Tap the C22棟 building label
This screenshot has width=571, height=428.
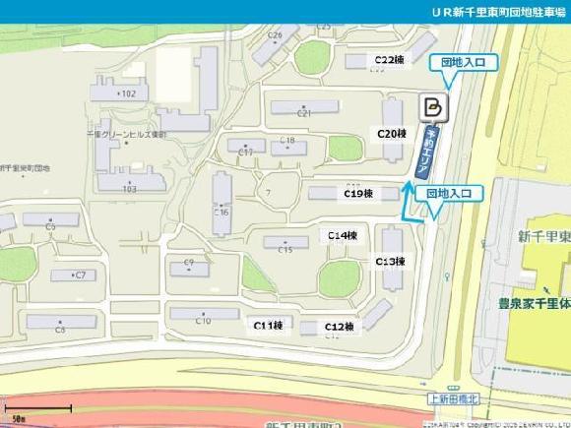[x=390, y=59]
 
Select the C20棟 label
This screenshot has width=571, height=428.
[x=392, y=133]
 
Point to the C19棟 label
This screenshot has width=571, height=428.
[x=357, y=194]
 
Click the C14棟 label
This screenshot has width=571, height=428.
[x=342, y=235]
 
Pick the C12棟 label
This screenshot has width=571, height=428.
[x=340, y=327]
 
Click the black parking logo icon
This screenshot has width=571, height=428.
[x=432, y=106]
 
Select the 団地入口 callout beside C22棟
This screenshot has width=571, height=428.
[x=463, y=63]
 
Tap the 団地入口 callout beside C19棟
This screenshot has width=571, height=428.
[x=455, y=194]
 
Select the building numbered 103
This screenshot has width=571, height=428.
[x=127, y=182]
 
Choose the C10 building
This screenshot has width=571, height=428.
[x=204, y=314]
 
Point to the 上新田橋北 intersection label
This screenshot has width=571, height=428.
[x=452, y=397]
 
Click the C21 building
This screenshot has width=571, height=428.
[x=304, y=107]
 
